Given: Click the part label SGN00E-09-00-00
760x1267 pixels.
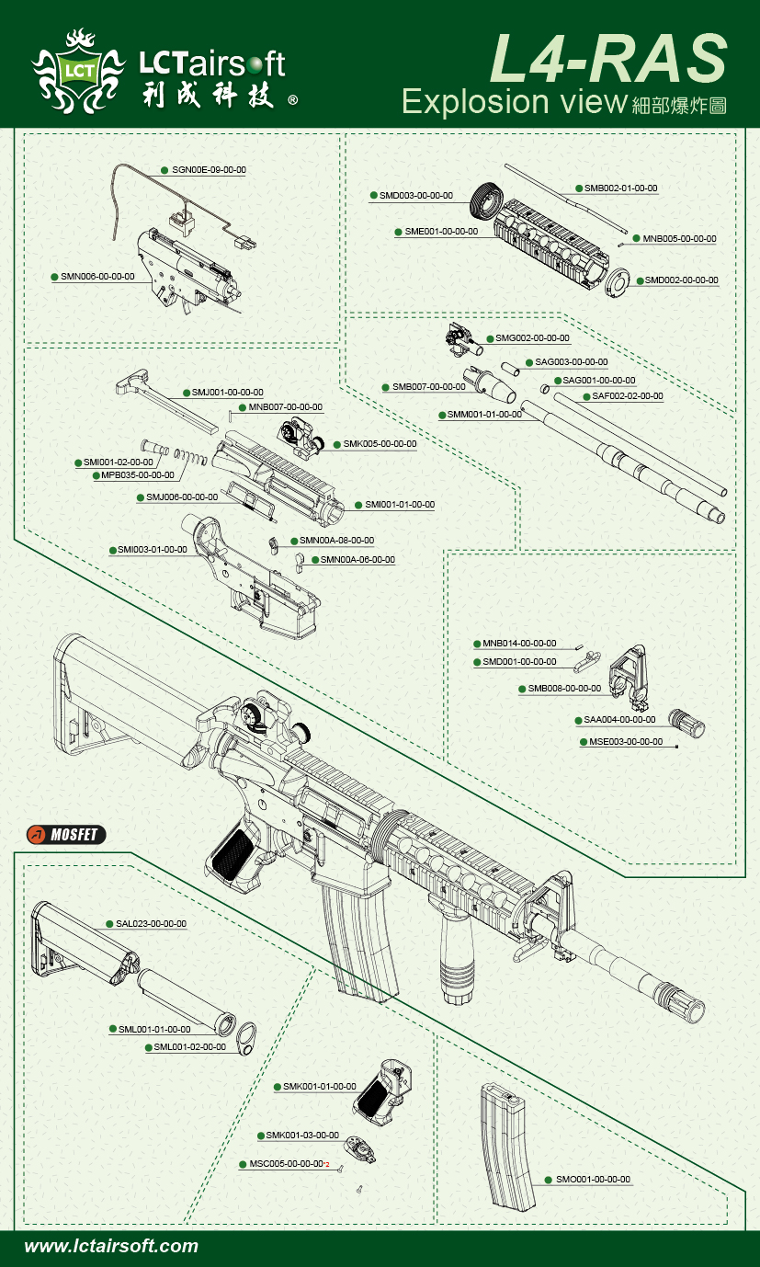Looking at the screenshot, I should pos(209,170).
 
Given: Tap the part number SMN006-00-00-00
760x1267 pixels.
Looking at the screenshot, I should pos(97,276).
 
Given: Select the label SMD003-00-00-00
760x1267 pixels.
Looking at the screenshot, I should pos(416,196).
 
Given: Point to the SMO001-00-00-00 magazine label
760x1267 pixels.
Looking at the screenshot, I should pos(593,1179).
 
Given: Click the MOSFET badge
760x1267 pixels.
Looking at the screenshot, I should pos(66,835).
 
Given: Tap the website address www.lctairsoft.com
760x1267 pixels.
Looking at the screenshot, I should pos(111,1247).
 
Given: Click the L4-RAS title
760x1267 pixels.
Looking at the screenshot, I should pos(607,59).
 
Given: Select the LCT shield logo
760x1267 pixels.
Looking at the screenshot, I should pos(77,70).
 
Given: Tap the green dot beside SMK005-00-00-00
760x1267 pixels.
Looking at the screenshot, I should pos(337,444).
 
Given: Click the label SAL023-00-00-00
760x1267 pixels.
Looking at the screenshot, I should pos(151,923).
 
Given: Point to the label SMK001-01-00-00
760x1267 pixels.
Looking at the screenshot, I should pos(319,1087).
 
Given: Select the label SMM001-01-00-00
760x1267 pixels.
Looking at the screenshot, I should pos(484,415).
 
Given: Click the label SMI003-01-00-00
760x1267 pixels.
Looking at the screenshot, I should pos(152,549).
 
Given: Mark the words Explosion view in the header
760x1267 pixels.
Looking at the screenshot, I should pos(514,101).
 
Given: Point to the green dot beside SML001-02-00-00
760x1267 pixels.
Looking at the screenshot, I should pos(147,1047).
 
